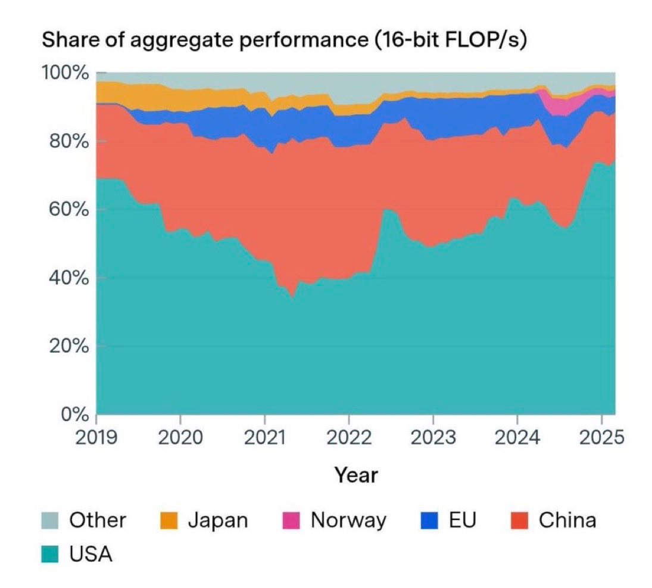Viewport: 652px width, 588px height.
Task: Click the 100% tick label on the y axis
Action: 65,73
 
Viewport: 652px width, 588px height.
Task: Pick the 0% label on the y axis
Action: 74,415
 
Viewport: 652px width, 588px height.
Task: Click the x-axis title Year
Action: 355,475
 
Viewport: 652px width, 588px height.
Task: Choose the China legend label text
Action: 567,520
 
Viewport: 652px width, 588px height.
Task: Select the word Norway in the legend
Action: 348,520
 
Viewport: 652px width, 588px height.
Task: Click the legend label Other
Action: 98,520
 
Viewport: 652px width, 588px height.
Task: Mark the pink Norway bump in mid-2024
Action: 560,105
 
